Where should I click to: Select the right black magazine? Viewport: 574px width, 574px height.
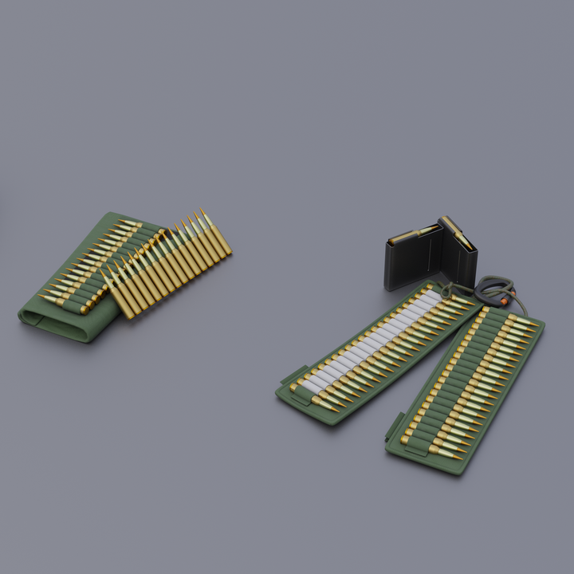pos(461,254)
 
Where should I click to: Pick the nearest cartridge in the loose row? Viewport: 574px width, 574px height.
pos(118,295)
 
